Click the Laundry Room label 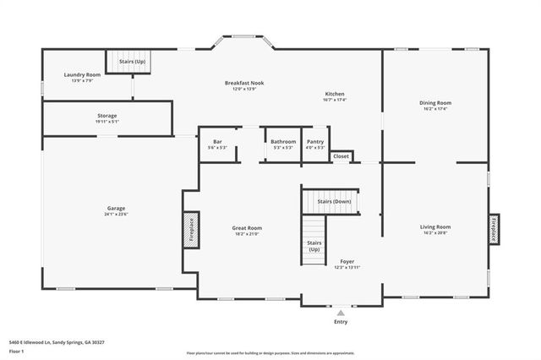82,75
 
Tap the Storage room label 107,116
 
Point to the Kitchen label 335,94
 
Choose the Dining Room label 434,103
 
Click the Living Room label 435,226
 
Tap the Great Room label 247,227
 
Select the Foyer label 347,261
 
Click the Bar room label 217,142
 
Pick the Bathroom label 283,142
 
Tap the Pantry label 315,142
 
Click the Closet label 341,156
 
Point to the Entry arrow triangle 341,313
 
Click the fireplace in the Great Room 191,229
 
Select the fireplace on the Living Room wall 494,229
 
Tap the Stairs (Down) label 334,203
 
